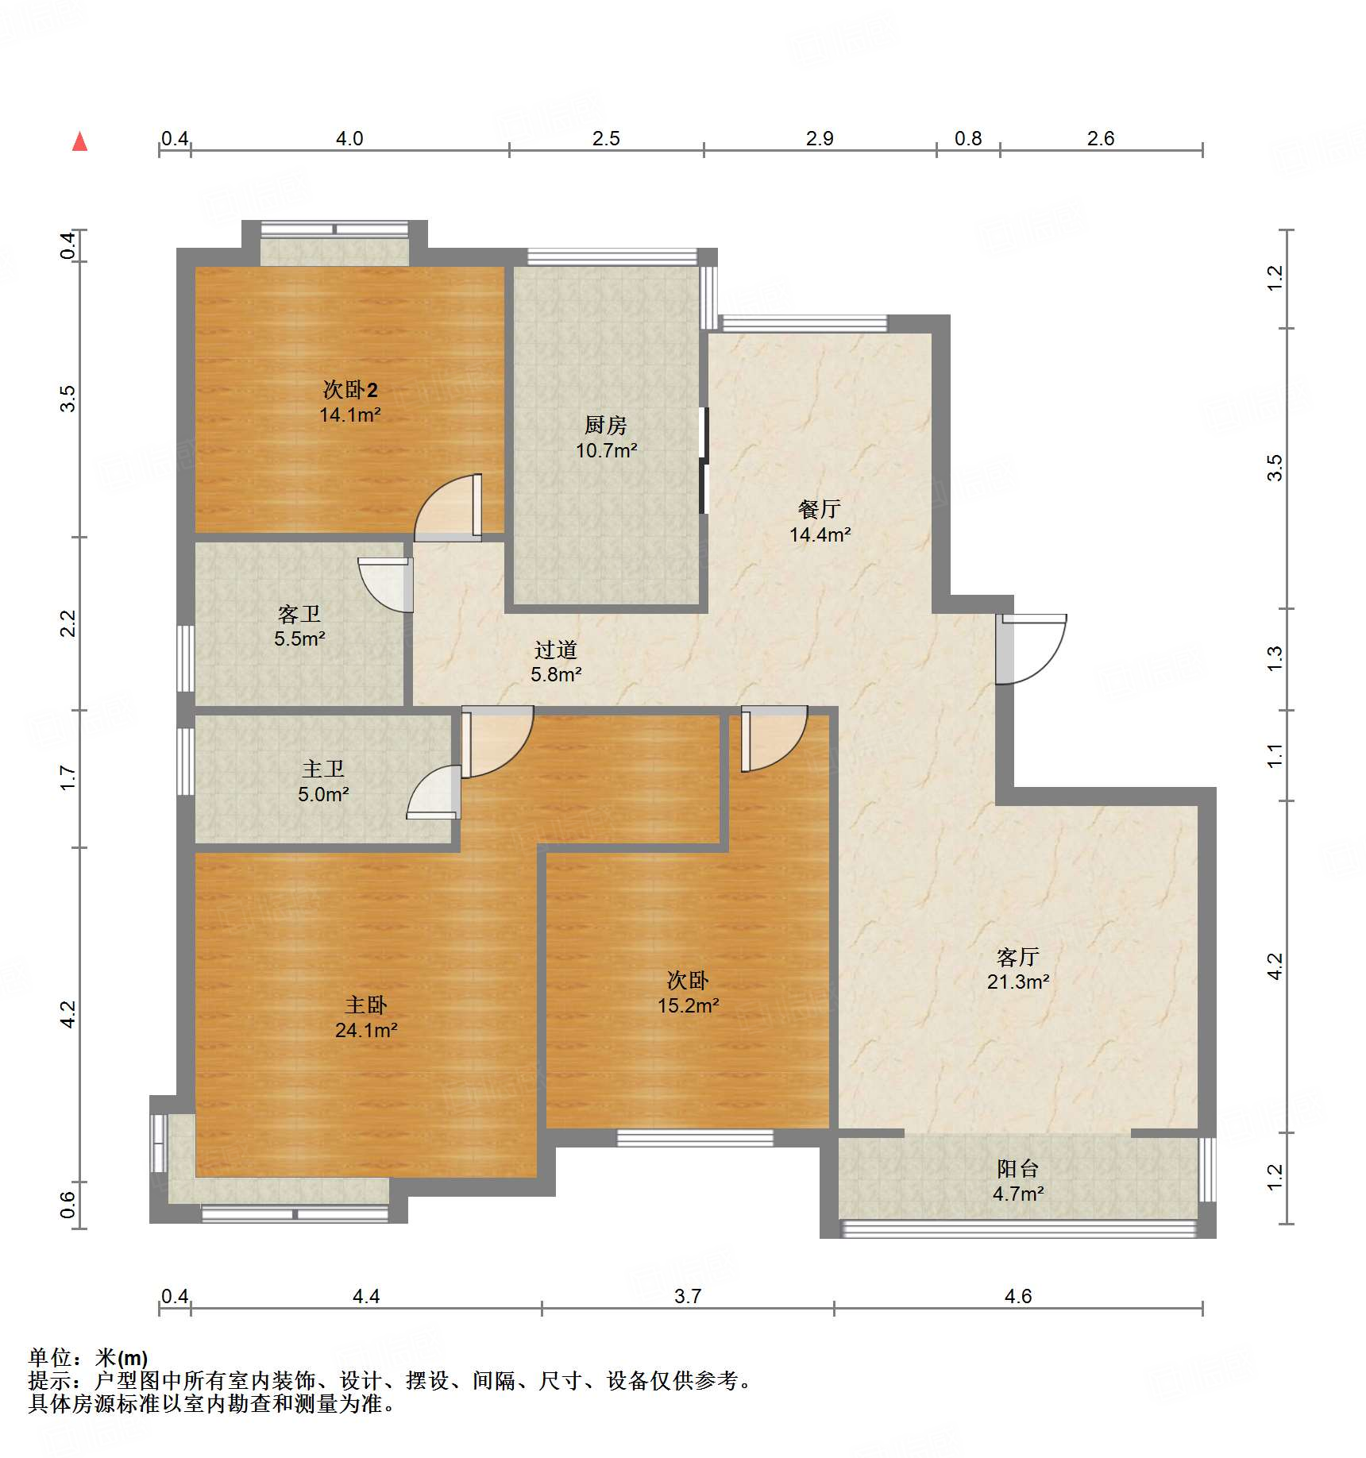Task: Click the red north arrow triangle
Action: [x=79, y=142]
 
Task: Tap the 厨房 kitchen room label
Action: [x=605, y=426]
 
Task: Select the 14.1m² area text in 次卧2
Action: [x=349, y=415]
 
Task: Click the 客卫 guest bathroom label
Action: [x=299, y=614]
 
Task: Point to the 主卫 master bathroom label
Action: [x=322, y=769]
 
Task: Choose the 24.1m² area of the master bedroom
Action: [x=365, y=1030]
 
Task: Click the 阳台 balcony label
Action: [x=1017, y=1168]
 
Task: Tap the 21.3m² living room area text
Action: [x=1017, y=982]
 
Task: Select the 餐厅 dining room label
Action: [x=819, y=509]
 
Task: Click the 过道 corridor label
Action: [x=555, y=650]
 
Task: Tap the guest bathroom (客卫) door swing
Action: [x=385, y=586]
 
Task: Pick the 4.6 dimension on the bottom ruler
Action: [x=1017, y=1296]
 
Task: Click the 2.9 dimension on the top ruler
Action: [x=819, y=139]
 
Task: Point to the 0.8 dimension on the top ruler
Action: [x=967, y=139]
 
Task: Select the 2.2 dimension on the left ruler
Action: [x=68, y=623]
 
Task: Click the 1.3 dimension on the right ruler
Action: [x=1274, y=658]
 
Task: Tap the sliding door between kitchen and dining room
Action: [x=703, y=461]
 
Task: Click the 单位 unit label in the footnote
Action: [x=50, y=1357]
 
